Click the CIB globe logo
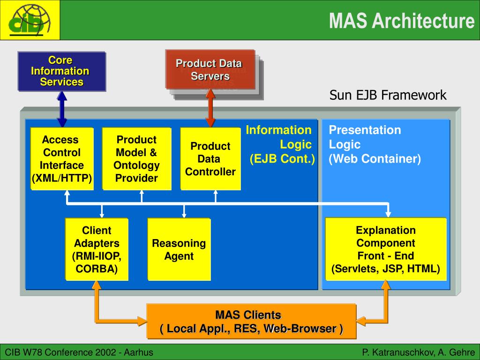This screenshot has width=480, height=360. click(30, 20)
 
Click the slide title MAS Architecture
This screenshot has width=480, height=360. click(402, 21)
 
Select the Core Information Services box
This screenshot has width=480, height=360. click(61, 71)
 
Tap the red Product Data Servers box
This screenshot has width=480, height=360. click(210, 69)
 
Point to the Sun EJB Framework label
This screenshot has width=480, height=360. click(388, 95)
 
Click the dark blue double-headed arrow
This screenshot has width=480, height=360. click(62, 109)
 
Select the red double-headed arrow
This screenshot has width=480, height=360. click(210, 108)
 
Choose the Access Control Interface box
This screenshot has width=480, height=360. click(62, 158)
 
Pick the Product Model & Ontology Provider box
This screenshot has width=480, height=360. click(136, 158)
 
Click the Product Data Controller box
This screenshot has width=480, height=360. click(210, 158)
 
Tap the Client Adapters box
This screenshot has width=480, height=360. click(97, 249)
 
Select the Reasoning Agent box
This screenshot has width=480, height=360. click(179, 249)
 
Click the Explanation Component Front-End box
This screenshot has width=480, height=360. click(386, 249)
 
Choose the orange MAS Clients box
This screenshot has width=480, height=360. click(251, 322)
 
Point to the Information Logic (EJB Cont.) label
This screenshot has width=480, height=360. click(280, 144)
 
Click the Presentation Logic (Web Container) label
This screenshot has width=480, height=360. click(375, 144)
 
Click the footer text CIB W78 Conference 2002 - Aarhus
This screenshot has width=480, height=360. click(79, 352)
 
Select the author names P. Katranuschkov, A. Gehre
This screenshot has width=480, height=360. click(419, 352)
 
